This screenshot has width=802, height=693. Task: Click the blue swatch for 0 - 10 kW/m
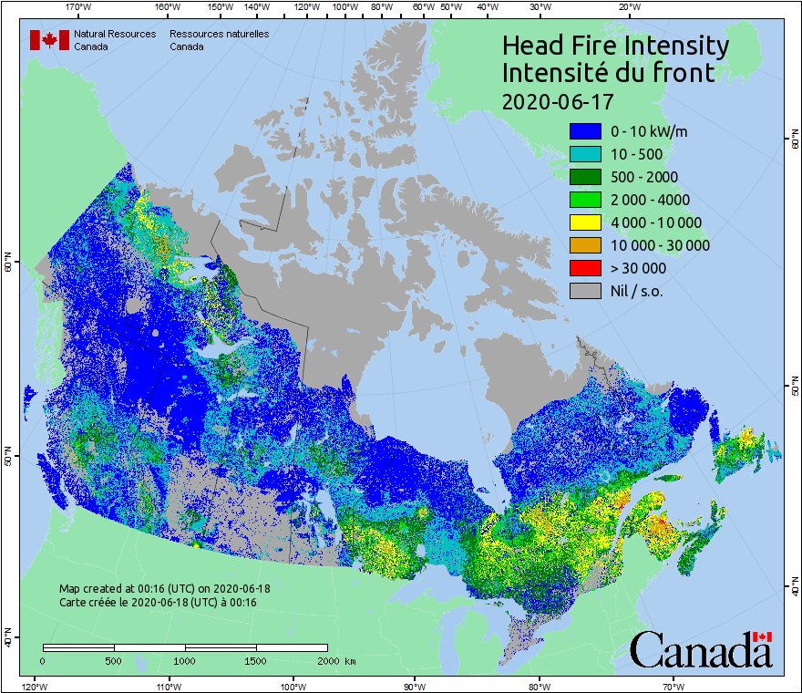point(585,131)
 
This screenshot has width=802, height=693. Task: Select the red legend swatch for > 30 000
point(585,268)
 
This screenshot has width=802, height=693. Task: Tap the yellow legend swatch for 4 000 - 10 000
point(585,222)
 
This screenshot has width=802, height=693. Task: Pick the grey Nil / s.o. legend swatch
point(585,291)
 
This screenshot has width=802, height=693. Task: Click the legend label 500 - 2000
point(638,177)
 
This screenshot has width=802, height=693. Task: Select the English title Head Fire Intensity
point(615,46)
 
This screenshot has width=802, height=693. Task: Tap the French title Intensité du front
point(609,73)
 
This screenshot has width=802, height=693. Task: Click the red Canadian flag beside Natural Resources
point(49,40)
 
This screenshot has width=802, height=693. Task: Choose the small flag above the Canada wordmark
point(762,636)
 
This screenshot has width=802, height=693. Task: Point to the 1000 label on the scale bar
point(185,660)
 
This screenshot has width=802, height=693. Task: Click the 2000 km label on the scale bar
point(335,660)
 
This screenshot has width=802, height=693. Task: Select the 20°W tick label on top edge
point(627,7)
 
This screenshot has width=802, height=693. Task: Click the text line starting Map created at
point(165,589)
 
